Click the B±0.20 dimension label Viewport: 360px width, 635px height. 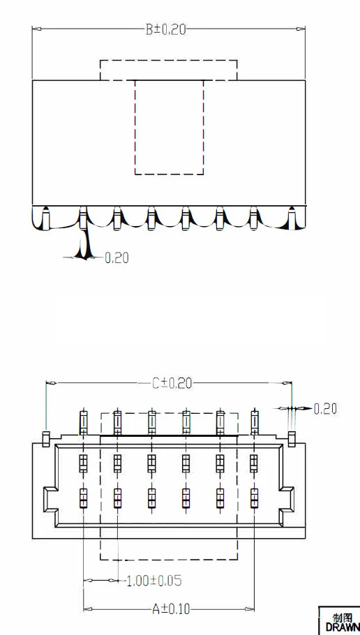click(165, 29)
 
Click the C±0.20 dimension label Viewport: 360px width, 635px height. click(172, 383)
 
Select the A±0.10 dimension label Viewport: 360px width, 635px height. click(171, 609)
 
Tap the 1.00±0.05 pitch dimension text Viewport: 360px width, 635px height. click(154, 581)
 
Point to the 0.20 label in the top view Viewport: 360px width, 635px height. click(117, 257)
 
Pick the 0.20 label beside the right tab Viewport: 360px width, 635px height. click(325, 409)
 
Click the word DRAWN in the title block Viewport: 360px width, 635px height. click(342, 627)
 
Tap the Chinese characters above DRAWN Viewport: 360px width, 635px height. click(343, 618)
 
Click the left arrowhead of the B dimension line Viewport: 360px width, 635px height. click(37, 29)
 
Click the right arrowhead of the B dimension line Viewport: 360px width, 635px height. click(301, 29)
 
